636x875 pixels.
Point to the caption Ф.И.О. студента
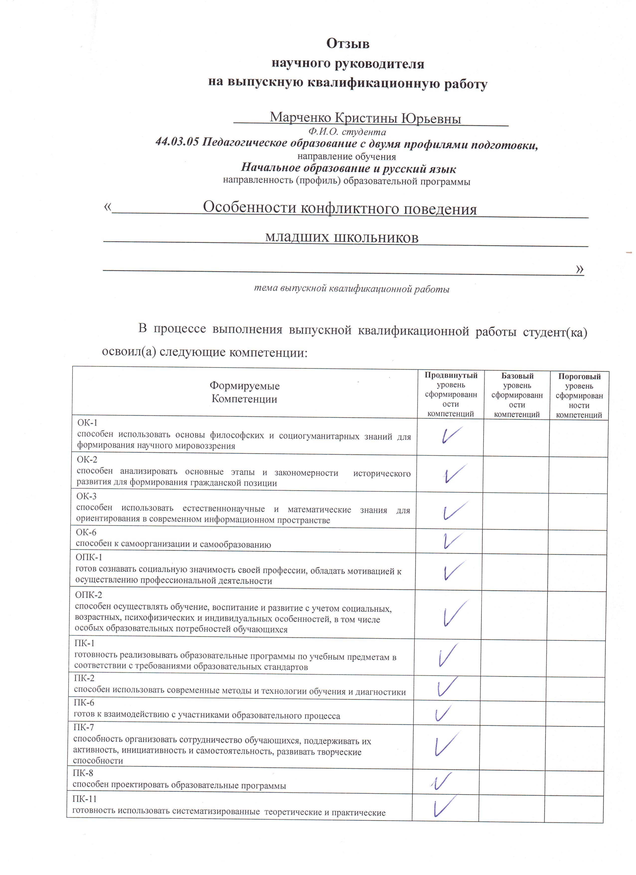tap(347, 132)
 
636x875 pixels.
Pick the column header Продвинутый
tap(451, 375)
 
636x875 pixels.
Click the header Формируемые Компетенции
tap(244, 392)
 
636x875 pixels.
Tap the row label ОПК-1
tap(89, 557)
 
